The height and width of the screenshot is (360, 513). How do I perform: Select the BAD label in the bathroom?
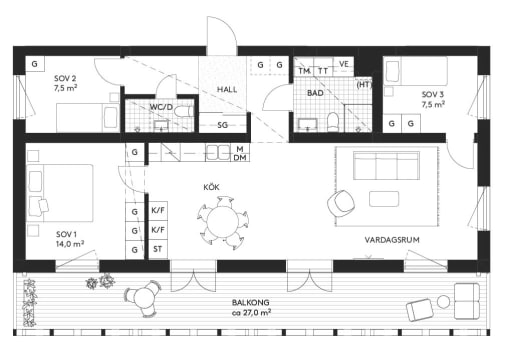[315, 93]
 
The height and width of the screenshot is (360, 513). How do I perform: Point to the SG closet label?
[221, 125]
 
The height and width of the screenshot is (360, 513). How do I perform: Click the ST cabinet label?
[157, 250]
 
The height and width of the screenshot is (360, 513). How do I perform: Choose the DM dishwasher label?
[240, 158]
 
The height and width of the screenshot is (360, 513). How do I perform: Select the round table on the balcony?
[142, 296]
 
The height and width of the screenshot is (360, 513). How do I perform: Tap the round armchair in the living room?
[341, 202]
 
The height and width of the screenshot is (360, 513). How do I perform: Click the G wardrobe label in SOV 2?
[34, 63]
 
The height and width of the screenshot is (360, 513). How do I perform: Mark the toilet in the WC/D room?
[180, 117]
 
